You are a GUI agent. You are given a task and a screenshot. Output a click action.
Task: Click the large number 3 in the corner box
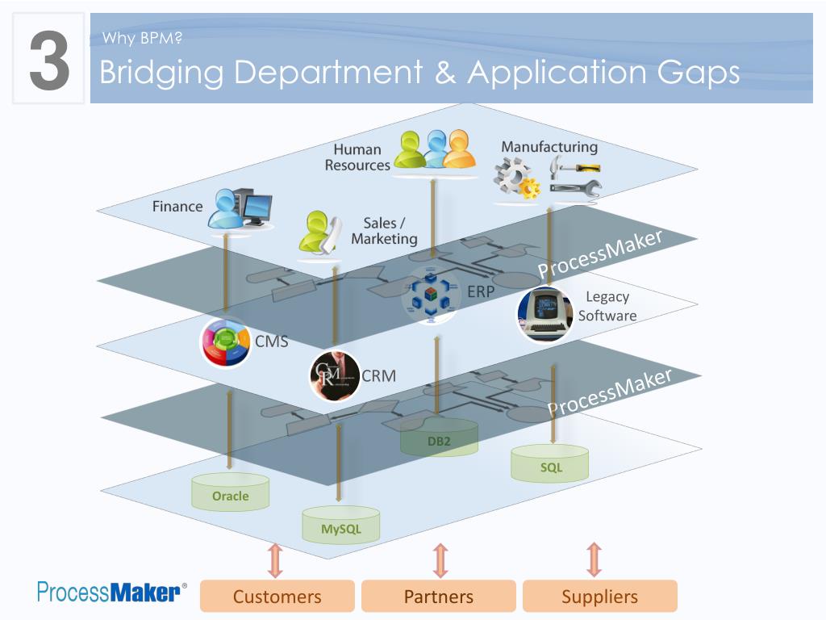coord(49,60)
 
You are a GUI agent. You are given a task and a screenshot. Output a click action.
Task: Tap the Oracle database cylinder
coord(230,492)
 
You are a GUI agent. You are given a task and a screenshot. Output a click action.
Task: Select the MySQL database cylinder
coord(341,525)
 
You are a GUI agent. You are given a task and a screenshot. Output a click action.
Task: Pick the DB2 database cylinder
coord(439,436)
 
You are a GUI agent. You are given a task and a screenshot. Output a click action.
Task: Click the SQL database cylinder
coord(549,463)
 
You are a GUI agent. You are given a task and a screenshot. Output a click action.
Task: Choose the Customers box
coord(277,597)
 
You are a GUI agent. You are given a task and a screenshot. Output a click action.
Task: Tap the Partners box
coord(438,597)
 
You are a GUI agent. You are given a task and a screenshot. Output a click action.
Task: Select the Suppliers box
coord(599,597)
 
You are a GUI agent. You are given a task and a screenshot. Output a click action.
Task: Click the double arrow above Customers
coord(276,560)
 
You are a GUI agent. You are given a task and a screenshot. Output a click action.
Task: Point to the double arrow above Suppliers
coord(594,559)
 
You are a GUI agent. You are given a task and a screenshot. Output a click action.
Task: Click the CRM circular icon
coord(335,376)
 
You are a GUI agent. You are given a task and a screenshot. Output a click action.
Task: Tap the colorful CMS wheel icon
coord(226,342)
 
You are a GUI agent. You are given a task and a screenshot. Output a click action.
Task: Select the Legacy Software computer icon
coord(545,314)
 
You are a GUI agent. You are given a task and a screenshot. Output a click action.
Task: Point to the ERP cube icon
coord(431,295)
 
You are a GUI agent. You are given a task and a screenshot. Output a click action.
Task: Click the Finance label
coord(177,206)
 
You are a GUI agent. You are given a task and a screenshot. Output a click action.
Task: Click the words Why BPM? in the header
coord(142,38)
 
